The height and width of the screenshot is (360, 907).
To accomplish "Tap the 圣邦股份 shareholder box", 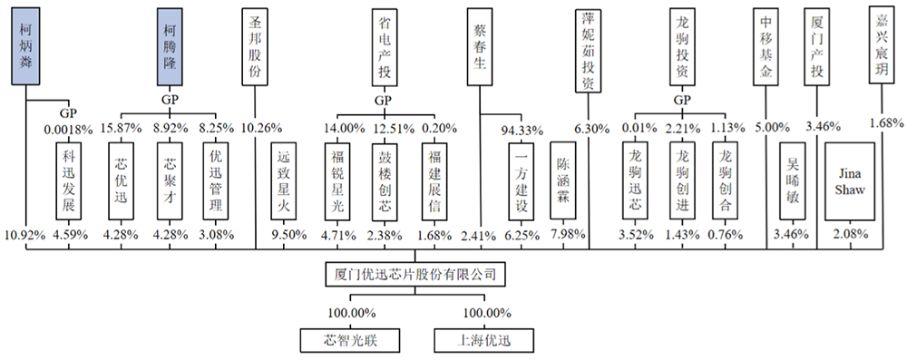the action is coord(255,47).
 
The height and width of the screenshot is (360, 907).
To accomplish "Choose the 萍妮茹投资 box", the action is coord(587,50).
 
